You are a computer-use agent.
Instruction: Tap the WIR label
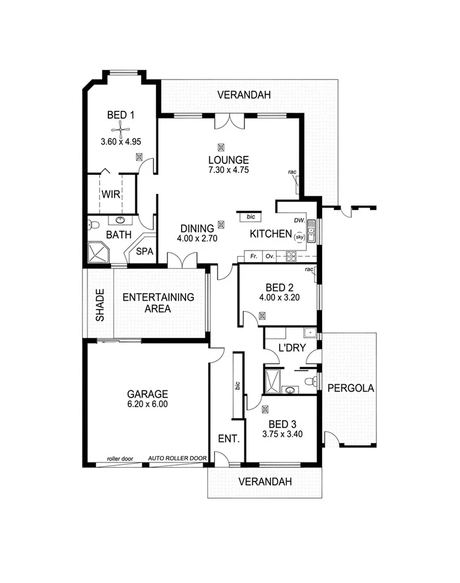(x=111, y=195)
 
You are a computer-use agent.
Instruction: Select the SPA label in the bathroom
(x=144, y=251)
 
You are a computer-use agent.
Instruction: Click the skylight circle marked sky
(x=299, y=236)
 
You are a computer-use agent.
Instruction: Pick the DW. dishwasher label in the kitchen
(x=299, y=220)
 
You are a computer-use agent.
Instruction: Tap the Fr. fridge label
(x=252, y=255)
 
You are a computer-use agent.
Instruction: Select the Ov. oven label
(x=269, y=255)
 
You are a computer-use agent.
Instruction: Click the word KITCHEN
(x=270, y=234)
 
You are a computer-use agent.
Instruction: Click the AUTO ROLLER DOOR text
(x=177, y=459)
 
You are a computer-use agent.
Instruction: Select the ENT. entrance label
(x=228, y=439)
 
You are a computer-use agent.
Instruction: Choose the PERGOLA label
(x=350, y=388)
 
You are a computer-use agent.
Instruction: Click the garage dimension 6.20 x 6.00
(x=148, y=404)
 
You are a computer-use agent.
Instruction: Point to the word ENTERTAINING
(x=158, y=297)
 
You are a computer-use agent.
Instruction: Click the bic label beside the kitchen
(x=250, y=217)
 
